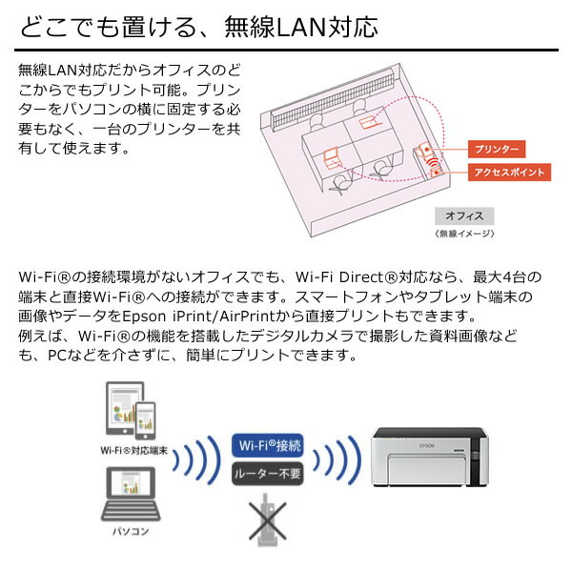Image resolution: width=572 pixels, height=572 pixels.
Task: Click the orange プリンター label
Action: point(497,149)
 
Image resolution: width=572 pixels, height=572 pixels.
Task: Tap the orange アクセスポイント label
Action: point(509,173)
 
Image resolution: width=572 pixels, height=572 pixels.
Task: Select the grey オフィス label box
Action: point(464,216)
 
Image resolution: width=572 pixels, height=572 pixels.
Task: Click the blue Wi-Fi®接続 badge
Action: point(267,445)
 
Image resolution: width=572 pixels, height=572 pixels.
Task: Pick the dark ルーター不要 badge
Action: point(267,474)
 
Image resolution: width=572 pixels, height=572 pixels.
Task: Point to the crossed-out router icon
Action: point(267,521)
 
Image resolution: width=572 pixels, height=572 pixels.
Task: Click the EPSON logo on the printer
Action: point(427,445)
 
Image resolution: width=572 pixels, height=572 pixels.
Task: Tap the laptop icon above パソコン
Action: point(131,494)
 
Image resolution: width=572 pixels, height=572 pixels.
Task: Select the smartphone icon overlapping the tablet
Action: point(145,420)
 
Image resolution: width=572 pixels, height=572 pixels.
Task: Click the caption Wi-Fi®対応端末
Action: point(133,451)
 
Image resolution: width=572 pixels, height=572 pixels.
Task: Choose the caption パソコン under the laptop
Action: point(131,531)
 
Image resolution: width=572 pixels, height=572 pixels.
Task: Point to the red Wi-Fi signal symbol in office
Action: point(433,162)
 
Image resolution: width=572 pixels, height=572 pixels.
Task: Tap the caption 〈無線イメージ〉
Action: point(464,234)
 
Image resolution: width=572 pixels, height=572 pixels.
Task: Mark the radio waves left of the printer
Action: point(337,460)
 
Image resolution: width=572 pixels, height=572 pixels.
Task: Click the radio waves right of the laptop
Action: point(196,460)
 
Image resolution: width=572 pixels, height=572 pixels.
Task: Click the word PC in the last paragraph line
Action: point(57,356)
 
